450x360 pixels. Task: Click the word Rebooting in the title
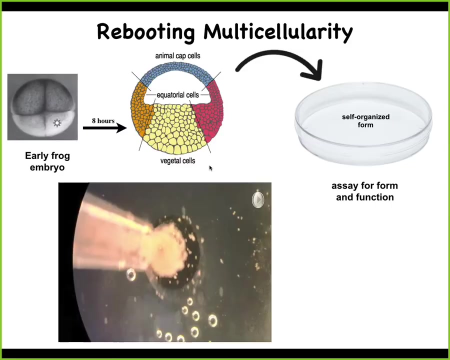(146, 32)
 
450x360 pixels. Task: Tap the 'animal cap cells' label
(177, 55)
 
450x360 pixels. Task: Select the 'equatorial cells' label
(177, 94)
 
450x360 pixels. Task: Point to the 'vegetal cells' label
(177, 161)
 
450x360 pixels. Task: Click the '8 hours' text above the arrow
(103, 120)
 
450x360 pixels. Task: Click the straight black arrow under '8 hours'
(105, 128)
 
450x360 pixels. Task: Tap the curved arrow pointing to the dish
(279, 65)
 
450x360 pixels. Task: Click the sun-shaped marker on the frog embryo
(57, 123)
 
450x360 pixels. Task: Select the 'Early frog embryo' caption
(47, 161)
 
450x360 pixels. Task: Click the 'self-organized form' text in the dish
(365, 120)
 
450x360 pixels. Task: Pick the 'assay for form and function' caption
(365, 191)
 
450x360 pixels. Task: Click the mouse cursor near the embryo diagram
(210, 168)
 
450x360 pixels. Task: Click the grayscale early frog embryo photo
(42, 107)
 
